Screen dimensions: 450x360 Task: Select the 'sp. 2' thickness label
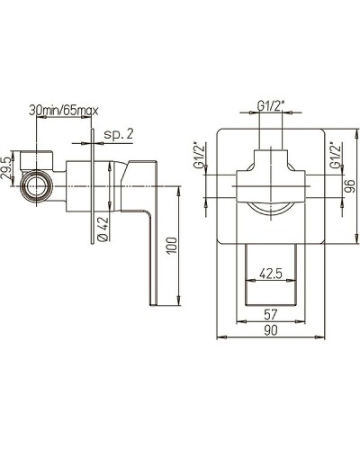118,134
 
